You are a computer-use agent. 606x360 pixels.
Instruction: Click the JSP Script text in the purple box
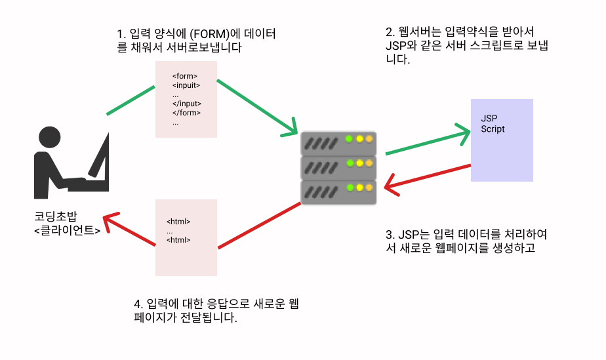(x=493, y=124)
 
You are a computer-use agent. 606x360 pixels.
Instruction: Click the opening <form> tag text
(x=185, y=76)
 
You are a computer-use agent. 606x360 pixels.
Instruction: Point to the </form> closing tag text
(x=186, y=113)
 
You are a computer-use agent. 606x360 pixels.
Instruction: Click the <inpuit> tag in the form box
(x=186, y=85)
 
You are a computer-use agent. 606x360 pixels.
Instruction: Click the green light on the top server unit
(x=349, y=139)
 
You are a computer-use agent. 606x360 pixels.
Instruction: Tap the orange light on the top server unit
(x=369, y=139)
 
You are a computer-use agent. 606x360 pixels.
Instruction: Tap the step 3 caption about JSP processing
(x=466, y=241)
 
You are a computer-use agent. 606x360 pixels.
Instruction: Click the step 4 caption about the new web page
(x=216, y=311)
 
